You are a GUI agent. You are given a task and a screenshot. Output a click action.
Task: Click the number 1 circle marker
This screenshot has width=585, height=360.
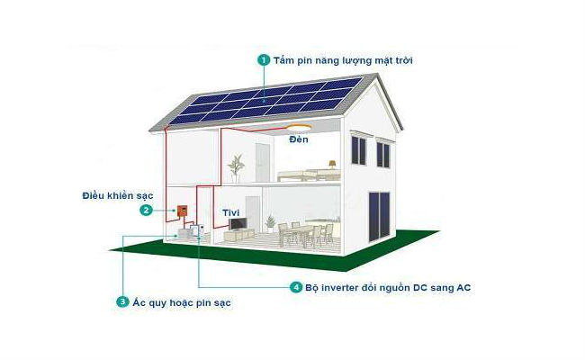click(264, 59)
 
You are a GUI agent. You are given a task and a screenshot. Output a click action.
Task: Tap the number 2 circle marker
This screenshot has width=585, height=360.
click(146, 210)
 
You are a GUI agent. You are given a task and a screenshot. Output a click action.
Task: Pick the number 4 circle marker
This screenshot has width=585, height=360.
click(295, 288)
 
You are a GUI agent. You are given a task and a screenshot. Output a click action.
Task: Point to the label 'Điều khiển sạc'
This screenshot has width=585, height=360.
click(112, 194)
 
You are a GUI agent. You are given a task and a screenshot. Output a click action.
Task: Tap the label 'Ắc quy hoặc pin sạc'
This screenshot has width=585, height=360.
click(181, 302)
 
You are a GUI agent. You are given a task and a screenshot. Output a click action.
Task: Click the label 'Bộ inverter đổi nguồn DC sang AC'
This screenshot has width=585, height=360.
click(387, 288)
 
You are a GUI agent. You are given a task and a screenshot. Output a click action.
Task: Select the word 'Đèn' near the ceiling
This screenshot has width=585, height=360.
click(299, 141)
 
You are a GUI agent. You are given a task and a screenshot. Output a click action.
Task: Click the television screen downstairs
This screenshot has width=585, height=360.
click(237, 222)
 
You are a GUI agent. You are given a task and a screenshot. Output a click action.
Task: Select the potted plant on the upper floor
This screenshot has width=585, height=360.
click(236, 166)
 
